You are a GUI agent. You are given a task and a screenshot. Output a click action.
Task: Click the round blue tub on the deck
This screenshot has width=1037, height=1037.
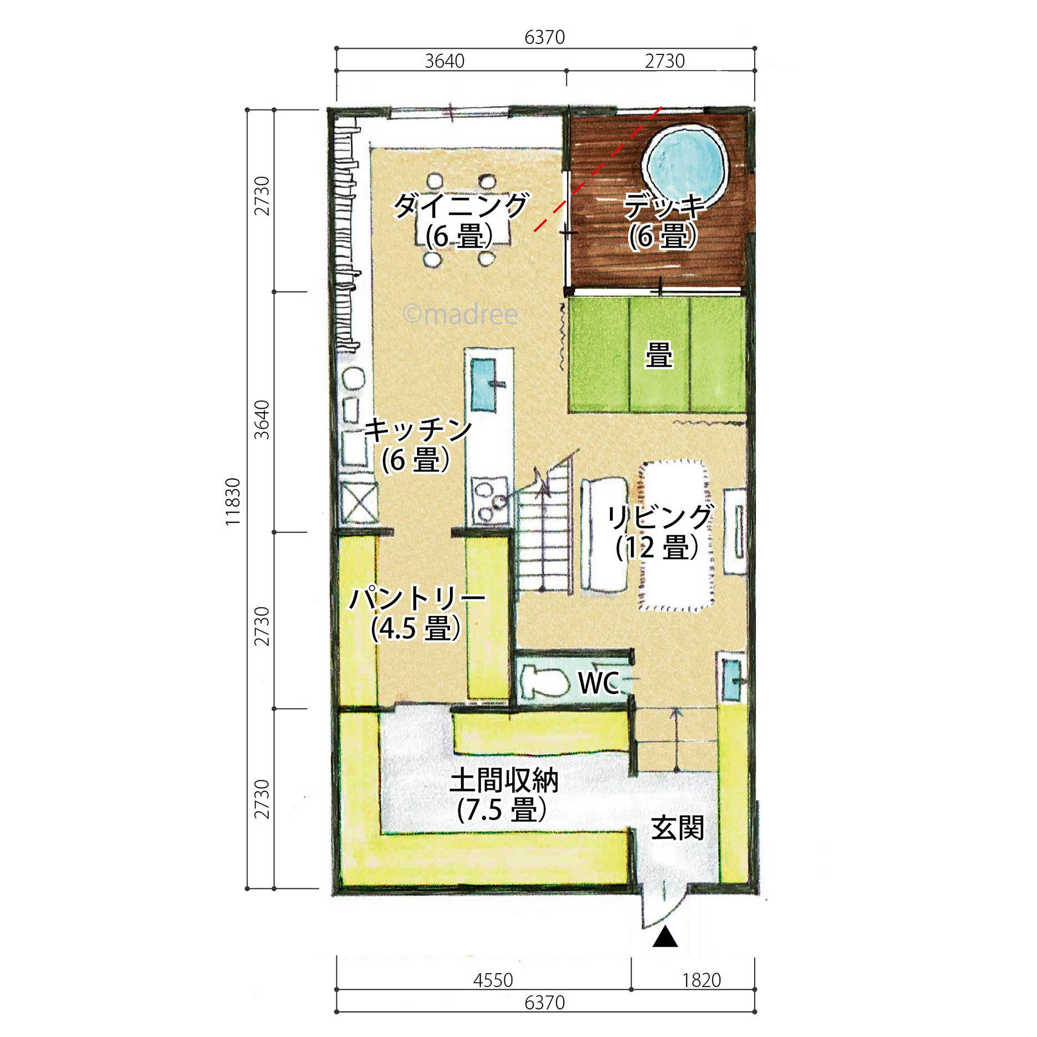(x=685, y=163)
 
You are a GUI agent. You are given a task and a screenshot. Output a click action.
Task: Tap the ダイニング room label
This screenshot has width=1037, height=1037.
(x=461, y=206)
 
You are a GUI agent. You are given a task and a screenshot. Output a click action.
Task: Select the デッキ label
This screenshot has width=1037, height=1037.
(x=664, y=206)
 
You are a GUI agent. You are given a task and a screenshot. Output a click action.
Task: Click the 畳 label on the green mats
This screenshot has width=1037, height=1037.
(x=659, y=355)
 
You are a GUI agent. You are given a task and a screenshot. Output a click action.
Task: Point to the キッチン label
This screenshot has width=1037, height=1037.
(x=418, y=430)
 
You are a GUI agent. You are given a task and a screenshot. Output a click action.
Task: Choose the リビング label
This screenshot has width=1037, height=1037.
(x=659, y=517)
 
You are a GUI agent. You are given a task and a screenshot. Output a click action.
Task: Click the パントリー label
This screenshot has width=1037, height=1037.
(x=417, y=599)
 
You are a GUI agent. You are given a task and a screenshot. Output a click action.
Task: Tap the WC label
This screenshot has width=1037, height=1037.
(x=598, y=683)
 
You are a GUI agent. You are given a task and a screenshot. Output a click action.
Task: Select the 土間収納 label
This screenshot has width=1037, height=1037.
(x=504, y=780)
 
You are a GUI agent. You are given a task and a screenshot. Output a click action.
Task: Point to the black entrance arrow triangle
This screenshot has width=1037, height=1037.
(x=665, y=938)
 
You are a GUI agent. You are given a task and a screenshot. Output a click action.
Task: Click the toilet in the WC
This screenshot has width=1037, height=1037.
(x=545, y=682)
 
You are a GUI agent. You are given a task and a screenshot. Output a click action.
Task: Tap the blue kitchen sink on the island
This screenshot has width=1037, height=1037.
(x=484, y=384)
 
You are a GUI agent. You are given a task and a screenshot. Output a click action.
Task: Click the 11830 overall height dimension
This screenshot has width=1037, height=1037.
(x=233, y=502)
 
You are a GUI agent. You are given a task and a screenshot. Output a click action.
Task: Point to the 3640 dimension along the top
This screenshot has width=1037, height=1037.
(x=444, y=61)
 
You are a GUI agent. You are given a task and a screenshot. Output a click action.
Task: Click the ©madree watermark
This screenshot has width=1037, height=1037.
(x=460, y=314)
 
